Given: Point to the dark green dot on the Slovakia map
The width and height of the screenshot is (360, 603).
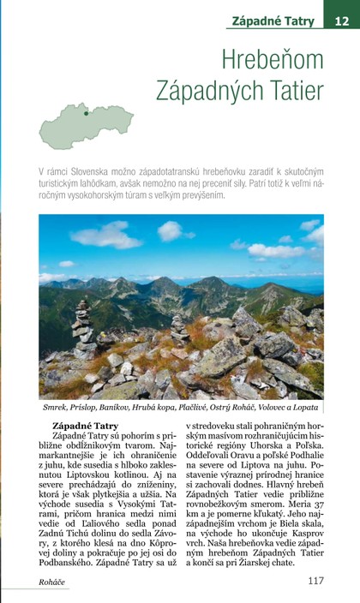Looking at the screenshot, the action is click(86, 112).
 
